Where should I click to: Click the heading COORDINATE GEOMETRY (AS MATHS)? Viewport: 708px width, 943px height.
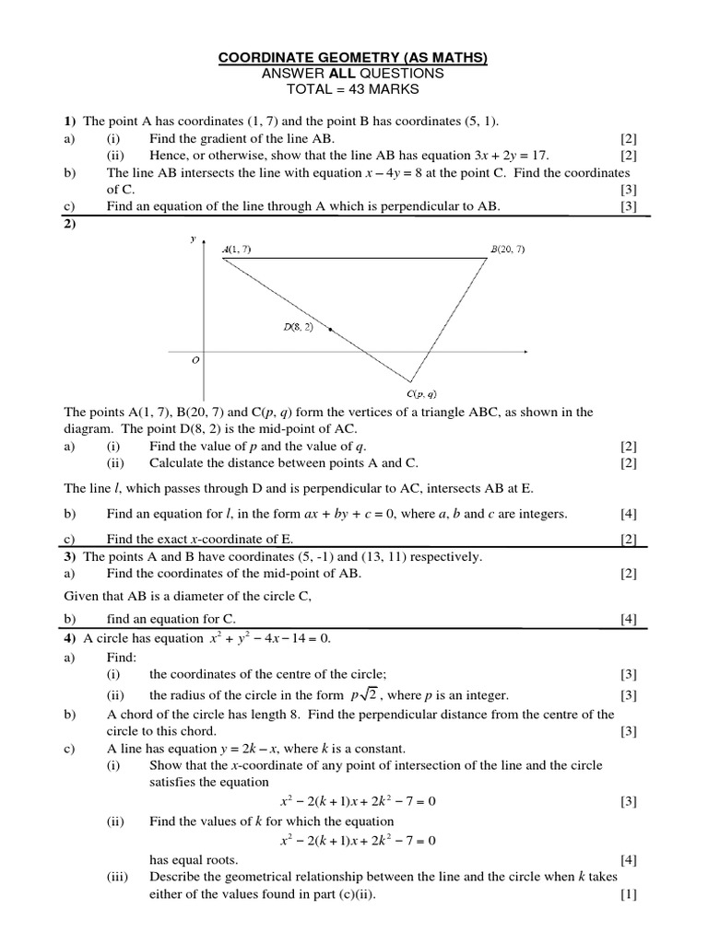(x=353, y=58)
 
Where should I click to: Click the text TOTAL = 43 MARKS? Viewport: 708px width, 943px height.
(x=353, y=89)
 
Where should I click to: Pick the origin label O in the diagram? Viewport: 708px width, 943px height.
(x=195, y=361)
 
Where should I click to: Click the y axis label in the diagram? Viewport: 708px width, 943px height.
(x=194, y=239)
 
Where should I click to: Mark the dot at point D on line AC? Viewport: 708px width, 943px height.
(x=330, y=328)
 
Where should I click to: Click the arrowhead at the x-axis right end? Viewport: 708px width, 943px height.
(x=525, y=351)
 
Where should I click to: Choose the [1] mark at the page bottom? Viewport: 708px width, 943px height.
(x=629, y=894)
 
